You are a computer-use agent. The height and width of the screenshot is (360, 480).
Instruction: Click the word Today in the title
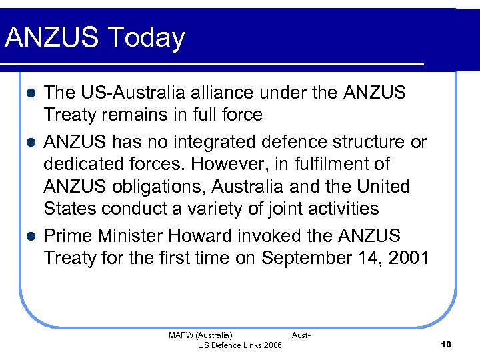tap(149, 39)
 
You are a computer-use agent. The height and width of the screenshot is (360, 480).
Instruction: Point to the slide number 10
tap(446, 344)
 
